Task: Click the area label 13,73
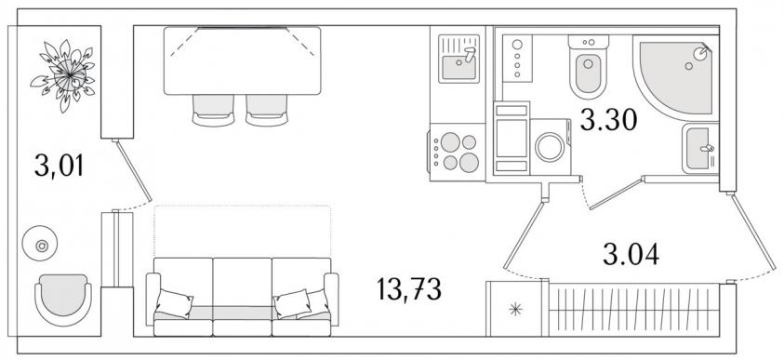[409, 290]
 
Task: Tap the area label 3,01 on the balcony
[59, 166]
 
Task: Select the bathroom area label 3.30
[608, 120]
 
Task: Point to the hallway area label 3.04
[631, 254]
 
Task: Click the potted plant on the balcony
[63, 75]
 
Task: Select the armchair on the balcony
[63, 300]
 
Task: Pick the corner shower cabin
[675, 77]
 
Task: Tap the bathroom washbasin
[700, 149]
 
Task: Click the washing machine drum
[550, 147]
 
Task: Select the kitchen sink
[459, 59]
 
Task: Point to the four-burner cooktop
[457, 152]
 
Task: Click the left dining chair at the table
[213, 111]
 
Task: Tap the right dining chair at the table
[267, 111]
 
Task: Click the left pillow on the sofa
[175, 303]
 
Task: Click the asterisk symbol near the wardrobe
[515, 310]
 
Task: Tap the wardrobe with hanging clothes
[634, 310]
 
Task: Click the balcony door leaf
[133, 170]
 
